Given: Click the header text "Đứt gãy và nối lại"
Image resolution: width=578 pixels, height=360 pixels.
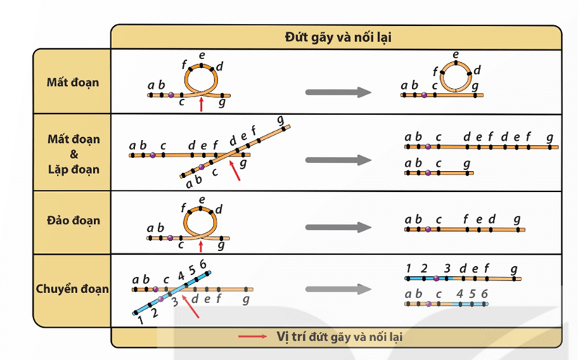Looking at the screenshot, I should pos(336,36).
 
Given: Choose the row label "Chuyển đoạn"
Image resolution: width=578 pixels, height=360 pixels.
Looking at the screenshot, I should pos(73,289).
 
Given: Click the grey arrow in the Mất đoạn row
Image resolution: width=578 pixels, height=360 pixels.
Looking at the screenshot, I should pos(338,92).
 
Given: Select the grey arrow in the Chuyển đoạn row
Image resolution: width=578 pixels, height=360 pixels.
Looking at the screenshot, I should pos(338,290).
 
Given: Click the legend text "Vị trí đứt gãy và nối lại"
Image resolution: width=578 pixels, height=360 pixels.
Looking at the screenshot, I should pos(340,336).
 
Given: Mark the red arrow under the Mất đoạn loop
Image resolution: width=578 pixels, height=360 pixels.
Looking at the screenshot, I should pos(201,105).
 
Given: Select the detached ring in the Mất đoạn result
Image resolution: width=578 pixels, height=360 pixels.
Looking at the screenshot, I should pos(456,75).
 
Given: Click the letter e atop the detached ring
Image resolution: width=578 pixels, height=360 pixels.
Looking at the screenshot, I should pos(456,53).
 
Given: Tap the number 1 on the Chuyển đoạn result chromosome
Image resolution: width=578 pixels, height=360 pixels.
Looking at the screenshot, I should pos(408,268).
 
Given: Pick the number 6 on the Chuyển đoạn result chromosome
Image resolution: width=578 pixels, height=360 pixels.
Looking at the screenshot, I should pos(485,293).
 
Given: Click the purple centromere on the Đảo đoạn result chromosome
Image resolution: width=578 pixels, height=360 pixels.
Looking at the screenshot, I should pos(427,230).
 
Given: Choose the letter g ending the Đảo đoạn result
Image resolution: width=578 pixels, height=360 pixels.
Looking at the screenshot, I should pos(517,220).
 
